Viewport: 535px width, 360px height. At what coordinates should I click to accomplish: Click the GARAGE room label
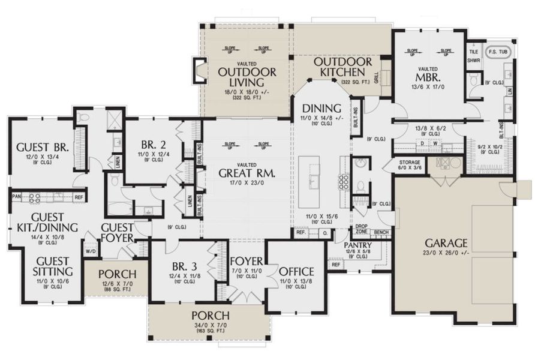(x=446, y=243)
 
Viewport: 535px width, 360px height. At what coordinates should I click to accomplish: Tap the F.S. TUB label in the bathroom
(x=500, y=52)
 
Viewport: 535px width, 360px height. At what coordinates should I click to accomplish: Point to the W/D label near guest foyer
(x=91, y=251)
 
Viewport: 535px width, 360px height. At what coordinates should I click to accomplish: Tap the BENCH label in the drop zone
(x=380, y=232)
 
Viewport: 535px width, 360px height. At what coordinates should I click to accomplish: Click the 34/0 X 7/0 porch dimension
(x=209, y=325)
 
